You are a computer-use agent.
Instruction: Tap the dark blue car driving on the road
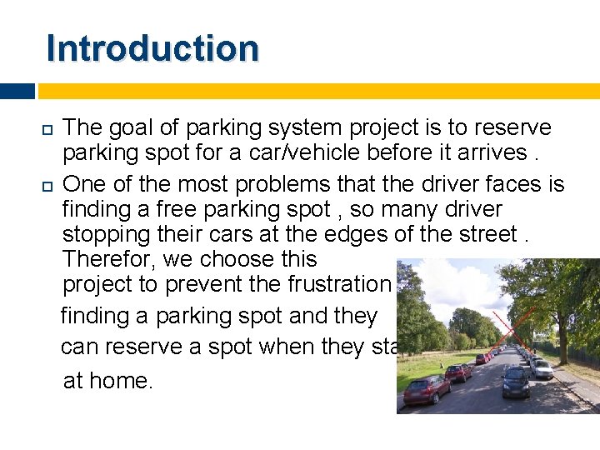(516, 382)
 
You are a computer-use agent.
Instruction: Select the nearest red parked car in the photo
(427, 389)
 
